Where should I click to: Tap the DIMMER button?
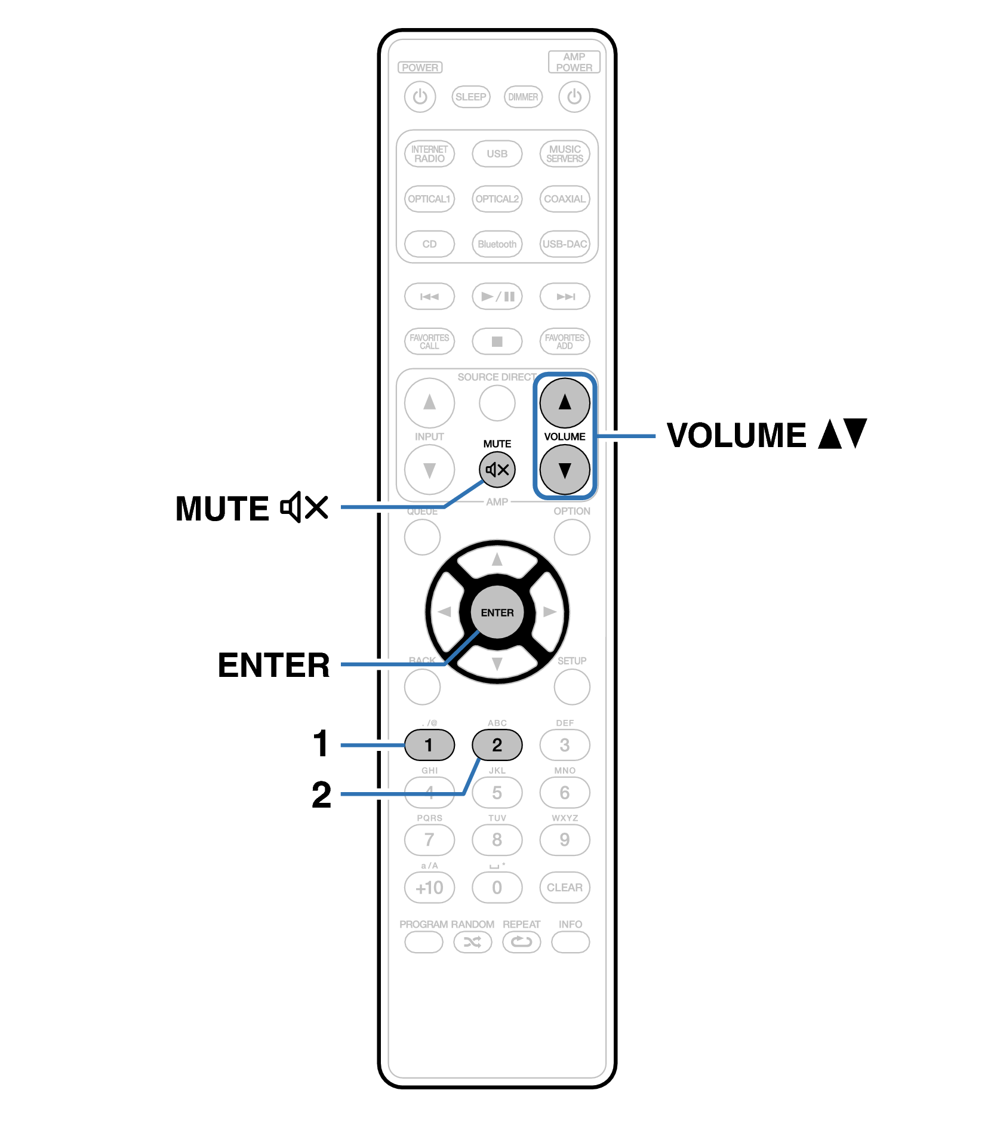tap(523, 97)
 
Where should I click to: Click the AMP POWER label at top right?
tap(574, 62)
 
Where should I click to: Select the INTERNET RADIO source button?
tap(429, 154)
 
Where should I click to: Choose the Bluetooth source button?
tap(497, 244)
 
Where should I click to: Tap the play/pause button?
tap(497, 297)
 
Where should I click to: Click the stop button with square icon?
tap(497, 341)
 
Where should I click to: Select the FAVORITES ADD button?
tap(564, 341)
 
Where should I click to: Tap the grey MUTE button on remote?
tap(497, 469)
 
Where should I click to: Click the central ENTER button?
tap(497, 612)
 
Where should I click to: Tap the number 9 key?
tap(564, 840)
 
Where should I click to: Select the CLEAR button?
tap(564, 888)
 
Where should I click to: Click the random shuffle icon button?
tap(472, 943)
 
